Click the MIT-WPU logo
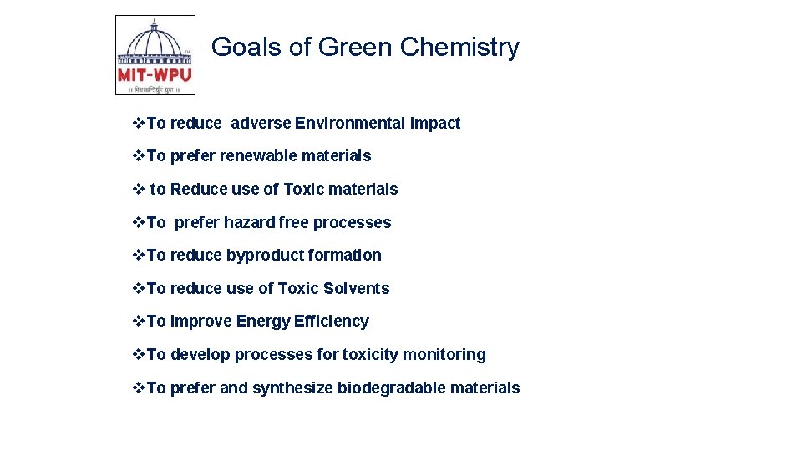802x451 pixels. (155, 55)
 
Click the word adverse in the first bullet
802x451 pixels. (261, 124)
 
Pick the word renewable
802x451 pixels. (257, 156)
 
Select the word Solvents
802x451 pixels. (357, 289)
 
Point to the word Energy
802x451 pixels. (263, 322)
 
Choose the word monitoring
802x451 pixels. (444, 355)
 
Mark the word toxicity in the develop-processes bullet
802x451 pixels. (370, 355)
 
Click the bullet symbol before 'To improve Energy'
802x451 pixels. (140, 322)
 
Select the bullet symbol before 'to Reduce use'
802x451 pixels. (140, 190)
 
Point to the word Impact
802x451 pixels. (435, 124)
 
